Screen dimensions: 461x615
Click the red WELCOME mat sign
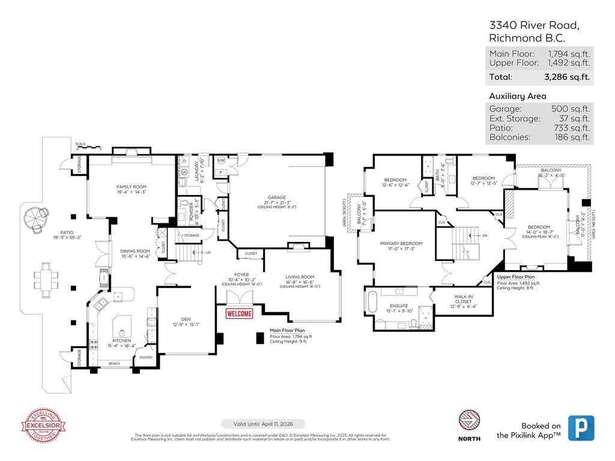coord(239,313)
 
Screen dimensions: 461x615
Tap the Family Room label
coord(131,187)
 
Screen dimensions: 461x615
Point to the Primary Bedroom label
coord(401,244)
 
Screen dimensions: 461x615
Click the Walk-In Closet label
coord(462,298)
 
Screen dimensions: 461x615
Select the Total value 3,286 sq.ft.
coord(566,77)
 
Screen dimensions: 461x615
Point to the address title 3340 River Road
coord(534,25)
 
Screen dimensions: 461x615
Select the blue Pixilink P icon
coord(581,429)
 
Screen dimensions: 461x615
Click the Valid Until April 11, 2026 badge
coord(263,424)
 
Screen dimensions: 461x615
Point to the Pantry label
coord(146,357)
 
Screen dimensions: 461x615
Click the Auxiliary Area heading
coord(517,96)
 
